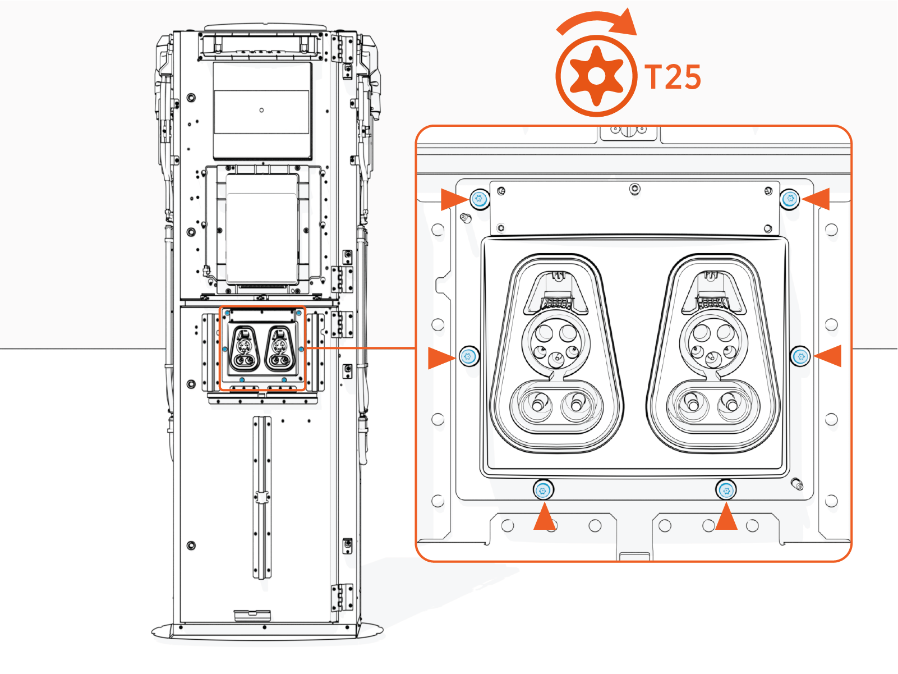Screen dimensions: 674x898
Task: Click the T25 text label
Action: click(673, 77)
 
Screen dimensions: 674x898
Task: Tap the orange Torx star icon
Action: click(597, 76)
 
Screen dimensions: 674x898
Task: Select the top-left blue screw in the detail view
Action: click(479, 199)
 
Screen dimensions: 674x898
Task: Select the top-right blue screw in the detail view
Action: click(790, 199)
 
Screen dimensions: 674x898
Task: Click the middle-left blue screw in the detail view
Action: click(469, 356)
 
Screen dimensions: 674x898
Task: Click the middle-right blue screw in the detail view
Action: click(800, 356)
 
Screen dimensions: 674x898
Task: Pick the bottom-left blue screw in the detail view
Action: click(542, 491)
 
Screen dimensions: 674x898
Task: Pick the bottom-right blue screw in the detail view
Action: click(726, 491)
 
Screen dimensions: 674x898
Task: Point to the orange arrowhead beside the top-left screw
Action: click(453, 199)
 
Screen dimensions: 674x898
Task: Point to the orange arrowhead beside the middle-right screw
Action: click(829, 356)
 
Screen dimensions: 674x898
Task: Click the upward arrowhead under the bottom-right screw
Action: click(726, 517)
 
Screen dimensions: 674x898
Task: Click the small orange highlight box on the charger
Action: click(262, 349)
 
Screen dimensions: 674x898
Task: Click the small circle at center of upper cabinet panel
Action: click(261, 110)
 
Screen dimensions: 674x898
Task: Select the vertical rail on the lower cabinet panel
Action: click(261, 497)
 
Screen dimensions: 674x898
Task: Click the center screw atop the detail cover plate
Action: click(634, 189)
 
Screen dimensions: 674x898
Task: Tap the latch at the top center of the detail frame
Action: click(629, 131)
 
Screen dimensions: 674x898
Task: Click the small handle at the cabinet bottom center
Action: click(252, 615)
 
